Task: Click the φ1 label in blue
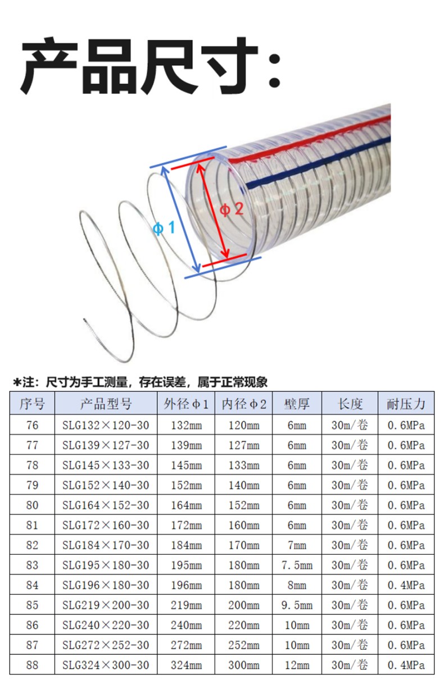pyautogui.click(x=164, y=229)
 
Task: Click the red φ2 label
pyautogui.click(x=231, y=209)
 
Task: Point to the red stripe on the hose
pyautogui.click(x=315, y=139)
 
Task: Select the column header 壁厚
pyautogui.click(x=297, y=403)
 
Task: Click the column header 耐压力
pyautogui.click(x=406, y=403)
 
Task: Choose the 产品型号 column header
pyautogui.click(x=106, y=403)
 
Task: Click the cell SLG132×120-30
pyautogui.click(x=106, y=425)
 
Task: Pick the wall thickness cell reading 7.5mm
pyautogui.click(x=297, y=565)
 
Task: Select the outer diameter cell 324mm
pyautogui.click(x=186, y=665)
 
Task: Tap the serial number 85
pyautogui.click(x=33, y=605)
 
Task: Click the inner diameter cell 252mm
pyautogui.click(x=244, y=645)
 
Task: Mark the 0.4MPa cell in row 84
pyautogui.click(x=406, y=585)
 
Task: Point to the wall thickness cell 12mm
pyautogui.click(x=297, y=665)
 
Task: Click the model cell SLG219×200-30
pyautogui.click(x=106, y=605)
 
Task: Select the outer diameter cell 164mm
pyautogui.click(x=186, y=505)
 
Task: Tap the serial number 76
pyautogui.click(x=33, y=425)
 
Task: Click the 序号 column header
pyautogui.click(x=33, y=403)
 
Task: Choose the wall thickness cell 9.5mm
pyautogui.click(x=297, y=605)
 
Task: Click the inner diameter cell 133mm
pyautogui.click(x=244, y=465)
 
